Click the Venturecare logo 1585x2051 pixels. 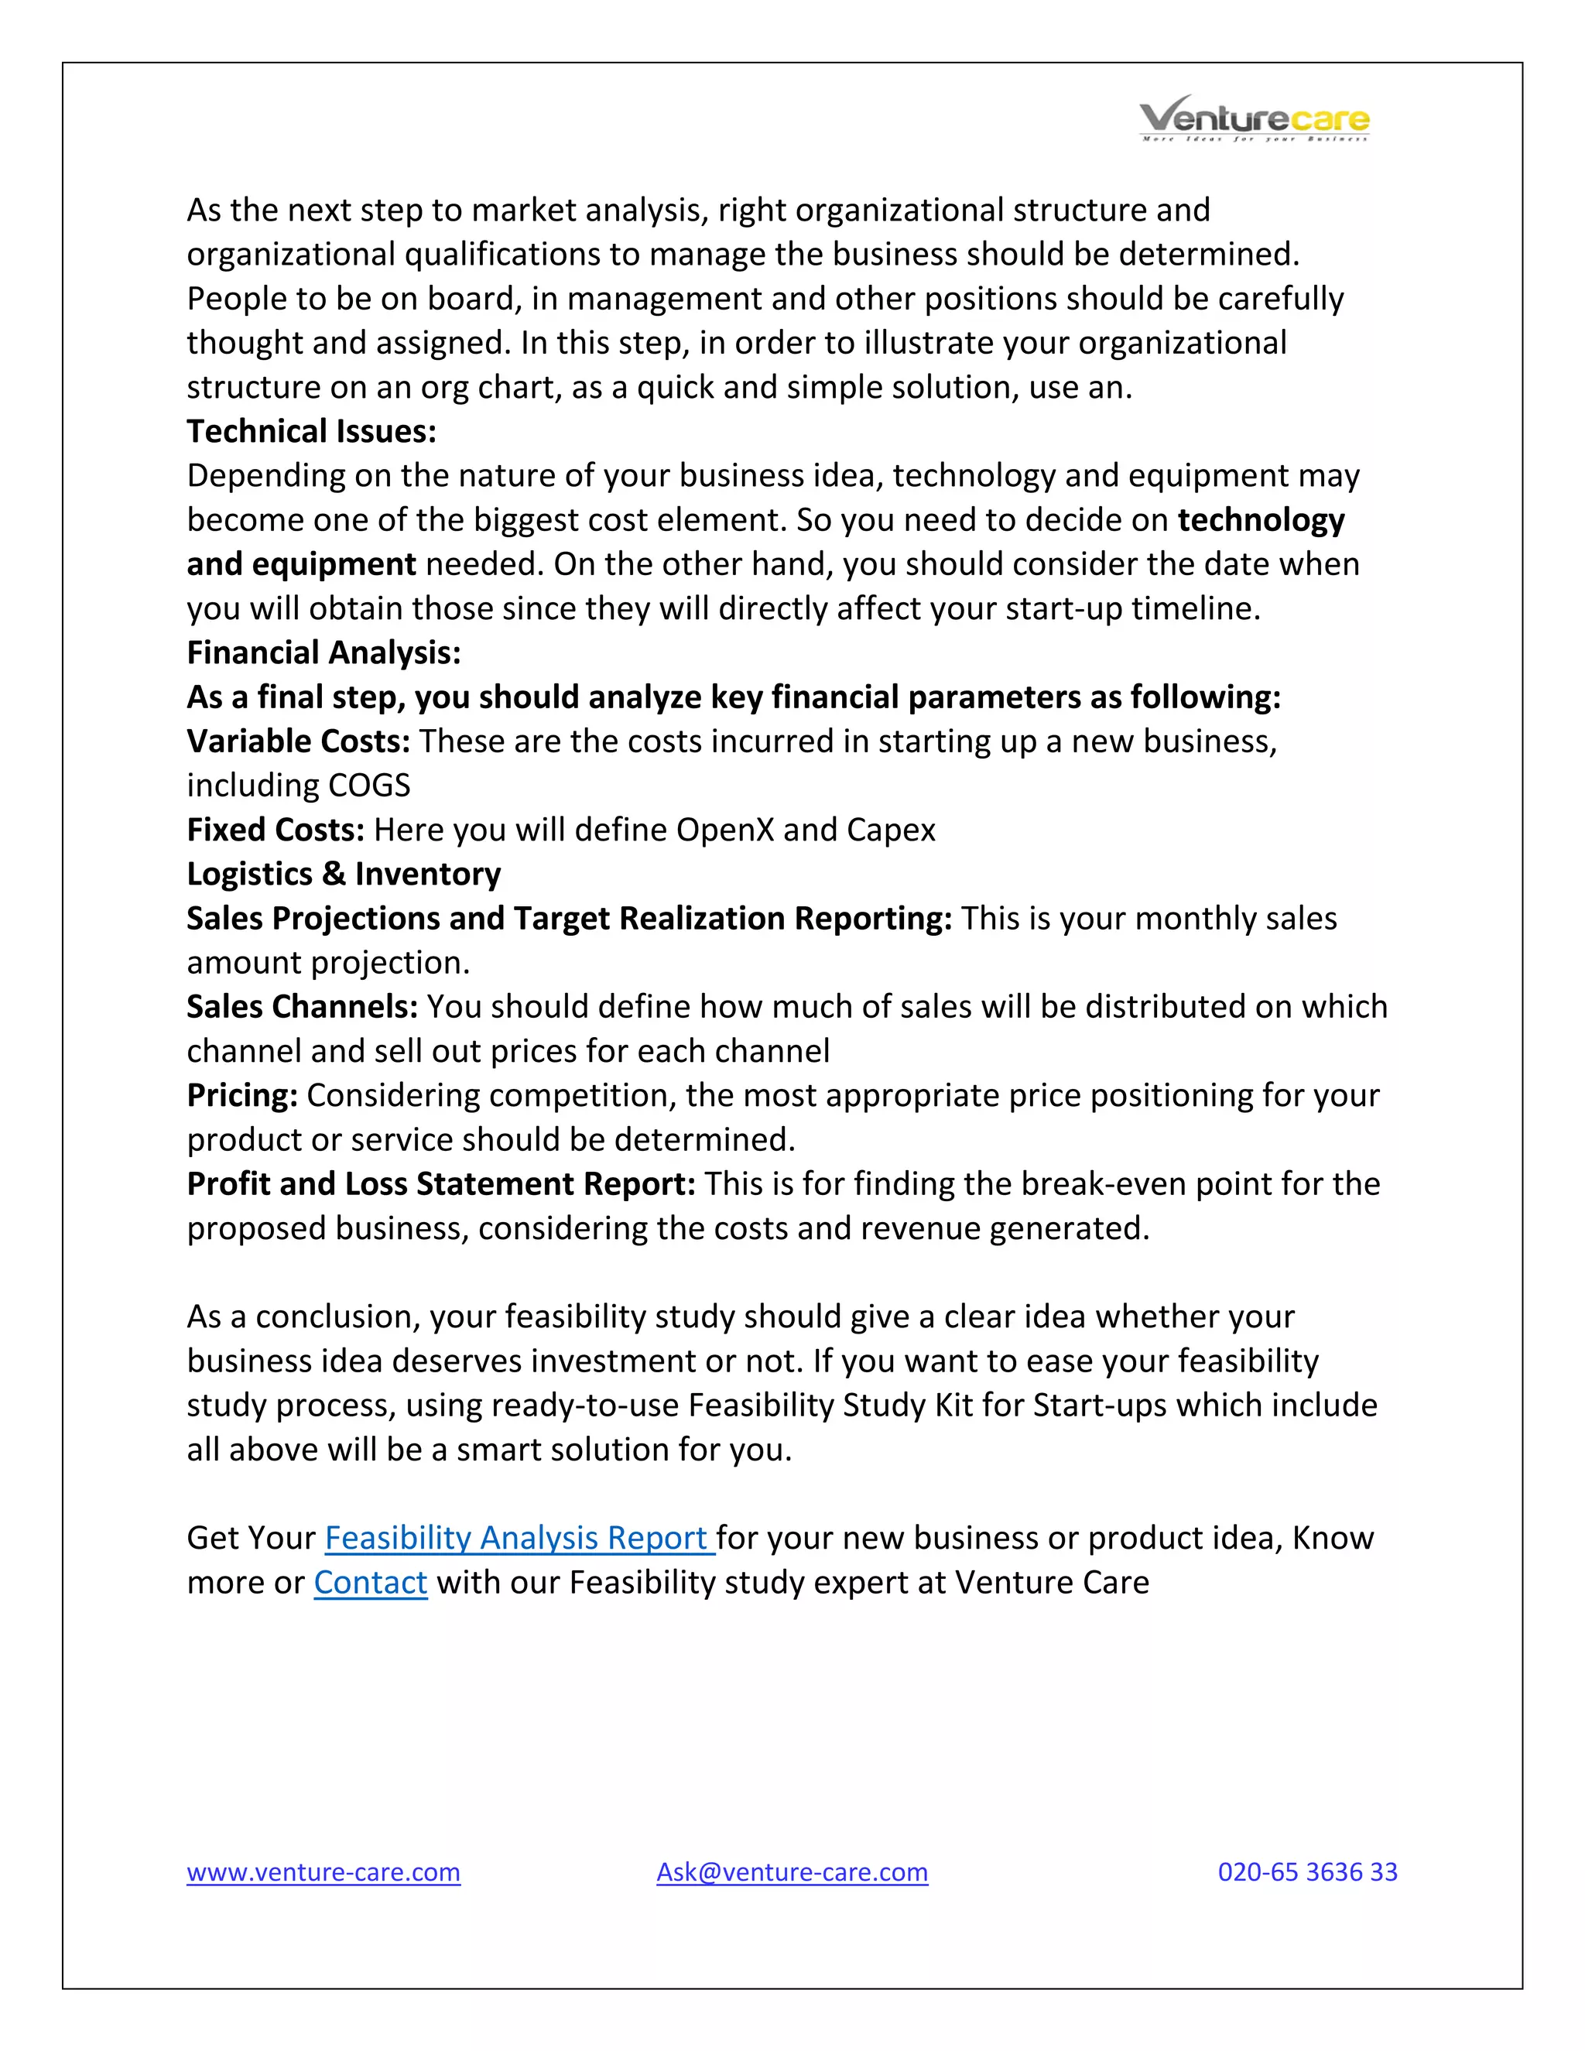(x=1254, y=119)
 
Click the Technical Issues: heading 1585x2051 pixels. (x=311, y=431)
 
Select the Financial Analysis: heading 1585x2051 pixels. (x=323, y=652)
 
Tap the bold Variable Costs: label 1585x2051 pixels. (x=298, y=741)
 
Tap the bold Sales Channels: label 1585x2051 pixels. (x=301, y=1007)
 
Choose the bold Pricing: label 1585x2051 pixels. (x=242, y=1095)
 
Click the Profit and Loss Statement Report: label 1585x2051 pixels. (x=440, y=1183)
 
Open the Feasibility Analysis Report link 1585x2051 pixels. (x=519, y=1539)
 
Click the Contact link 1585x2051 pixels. (x=370, y=1583)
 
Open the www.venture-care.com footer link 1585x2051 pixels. (x=323, y=1871)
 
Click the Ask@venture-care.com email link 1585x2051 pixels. (x=792, y=1871)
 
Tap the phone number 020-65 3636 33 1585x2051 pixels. (x=1307, y=1871)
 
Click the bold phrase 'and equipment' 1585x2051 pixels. (x=300, y=564)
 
